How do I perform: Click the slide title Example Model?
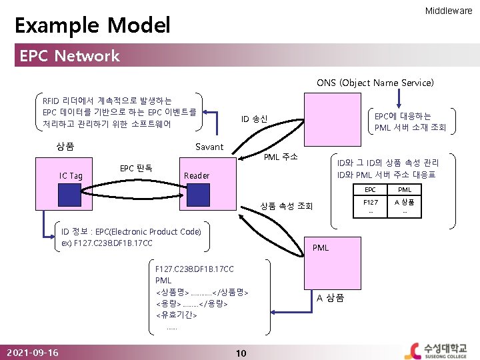(x=93, y=26)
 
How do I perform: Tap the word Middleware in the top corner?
(x=449, y=11)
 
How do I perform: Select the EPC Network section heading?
(x=70, y=56)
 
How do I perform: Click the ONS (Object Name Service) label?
(x=375, y=83)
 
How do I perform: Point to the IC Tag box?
(x=71, y=175)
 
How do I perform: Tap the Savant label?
(x=209, y=147)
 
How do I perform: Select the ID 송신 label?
(x=254, y=119)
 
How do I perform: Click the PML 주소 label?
(x=281, y=157)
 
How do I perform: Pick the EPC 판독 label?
(x=136, y=167)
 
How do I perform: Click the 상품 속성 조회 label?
(x=286, y=205)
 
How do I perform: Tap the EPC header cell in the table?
(x=371, y=190)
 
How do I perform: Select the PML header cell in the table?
(x=404, y=190)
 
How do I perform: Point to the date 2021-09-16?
(x=31, y=352)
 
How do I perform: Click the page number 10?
(x=241, y=352)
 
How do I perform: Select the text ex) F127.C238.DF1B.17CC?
(x=107, y=243)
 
